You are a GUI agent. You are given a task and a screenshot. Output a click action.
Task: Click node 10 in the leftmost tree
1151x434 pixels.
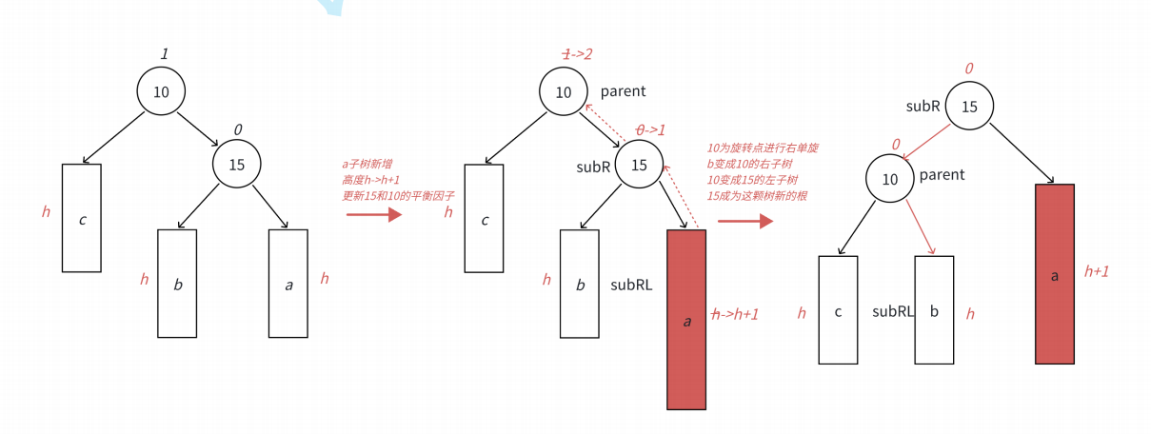(160, 91)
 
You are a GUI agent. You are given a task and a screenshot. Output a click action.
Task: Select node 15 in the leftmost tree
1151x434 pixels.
(236, 164)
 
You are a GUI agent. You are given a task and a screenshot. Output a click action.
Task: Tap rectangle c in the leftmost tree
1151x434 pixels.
(82, 218)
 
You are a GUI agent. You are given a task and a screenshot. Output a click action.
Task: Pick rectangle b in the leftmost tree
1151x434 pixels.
(177, 283)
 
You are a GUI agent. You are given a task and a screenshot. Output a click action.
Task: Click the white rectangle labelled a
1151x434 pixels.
(288, 283)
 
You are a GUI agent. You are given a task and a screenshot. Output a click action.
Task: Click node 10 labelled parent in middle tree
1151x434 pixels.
(563, 91)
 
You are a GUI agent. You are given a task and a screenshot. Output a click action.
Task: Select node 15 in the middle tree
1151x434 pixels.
(639, 165)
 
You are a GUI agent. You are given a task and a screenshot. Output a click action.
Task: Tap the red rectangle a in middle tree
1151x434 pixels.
(686, 320)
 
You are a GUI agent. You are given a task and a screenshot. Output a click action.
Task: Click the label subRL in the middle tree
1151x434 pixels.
(631, 284)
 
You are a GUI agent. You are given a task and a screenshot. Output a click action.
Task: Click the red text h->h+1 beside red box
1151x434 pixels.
(735, 314)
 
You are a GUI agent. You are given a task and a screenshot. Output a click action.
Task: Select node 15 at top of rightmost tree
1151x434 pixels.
(969, 106)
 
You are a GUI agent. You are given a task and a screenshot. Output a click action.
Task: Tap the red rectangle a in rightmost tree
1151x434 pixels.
(1054, 274)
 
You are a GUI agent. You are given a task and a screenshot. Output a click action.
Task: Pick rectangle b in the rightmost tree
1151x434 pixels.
(934, 309)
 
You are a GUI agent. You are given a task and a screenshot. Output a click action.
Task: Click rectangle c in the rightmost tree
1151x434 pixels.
(838, 309)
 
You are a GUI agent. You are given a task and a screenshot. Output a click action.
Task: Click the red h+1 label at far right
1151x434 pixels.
(1097, 271)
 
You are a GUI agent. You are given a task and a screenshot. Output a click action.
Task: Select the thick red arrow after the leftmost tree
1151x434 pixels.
(374, 215)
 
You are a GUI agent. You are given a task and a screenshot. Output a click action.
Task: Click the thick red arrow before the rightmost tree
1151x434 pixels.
(744, 222)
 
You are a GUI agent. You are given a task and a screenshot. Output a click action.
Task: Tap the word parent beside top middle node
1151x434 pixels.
(623, 91)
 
